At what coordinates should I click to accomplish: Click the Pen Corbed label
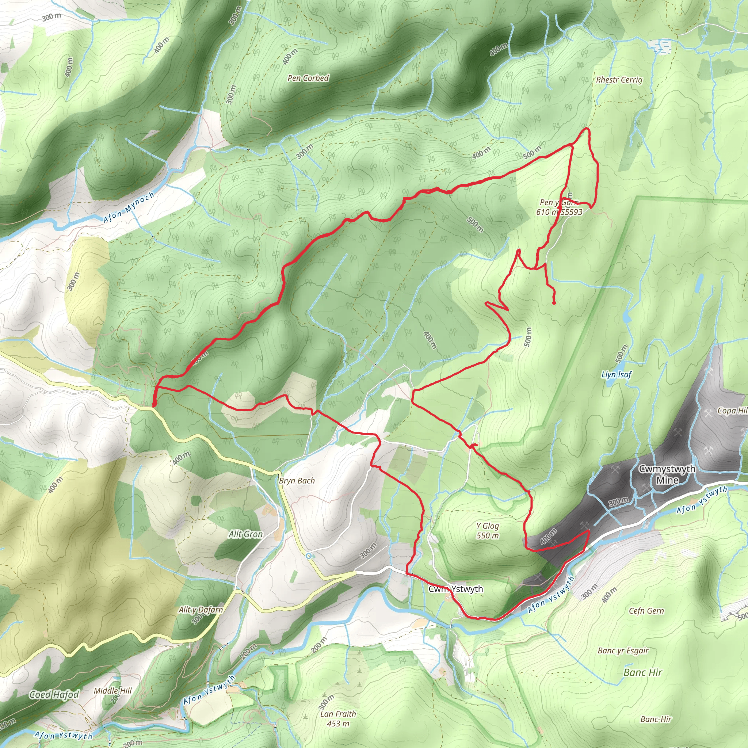(308, 78)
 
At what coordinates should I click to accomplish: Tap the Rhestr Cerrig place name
(619, 80)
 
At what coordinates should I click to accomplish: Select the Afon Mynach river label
(129, 207)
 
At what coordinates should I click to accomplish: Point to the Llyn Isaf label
(617, 374)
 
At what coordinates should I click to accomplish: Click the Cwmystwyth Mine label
(667, 474)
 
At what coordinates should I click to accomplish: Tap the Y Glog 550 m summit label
(488, 530)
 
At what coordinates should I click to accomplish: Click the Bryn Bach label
(297, 481)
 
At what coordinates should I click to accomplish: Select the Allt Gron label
(245, 534)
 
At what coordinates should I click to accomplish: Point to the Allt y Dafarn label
(201, 610)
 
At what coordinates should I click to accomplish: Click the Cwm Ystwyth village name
(456, 589)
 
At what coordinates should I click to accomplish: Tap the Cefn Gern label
(646, 611)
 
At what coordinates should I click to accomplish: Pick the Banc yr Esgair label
(623, 650)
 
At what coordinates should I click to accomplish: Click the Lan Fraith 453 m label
(338, 718)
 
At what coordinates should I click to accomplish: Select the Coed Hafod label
(54, 695)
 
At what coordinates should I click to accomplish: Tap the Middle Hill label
(112, 690)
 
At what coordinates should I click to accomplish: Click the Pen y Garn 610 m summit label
(559, 207)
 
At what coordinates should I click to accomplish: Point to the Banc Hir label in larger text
(643, 672)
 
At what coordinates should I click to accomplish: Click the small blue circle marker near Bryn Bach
(309, 556)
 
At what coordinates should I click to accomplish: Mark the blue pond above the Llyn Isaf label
(699, 283)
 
